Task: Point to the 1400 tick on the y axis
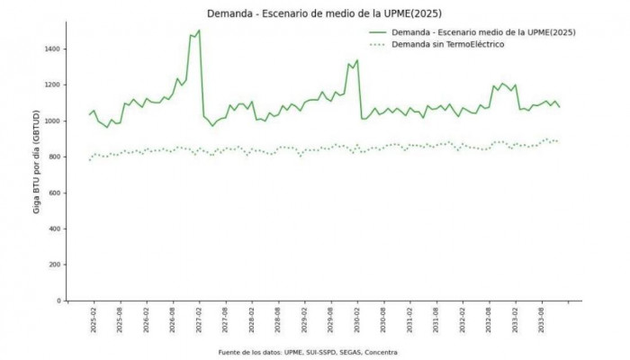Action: (x=54, y=49)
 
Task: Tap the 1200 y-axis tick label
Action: (x=54, y=85)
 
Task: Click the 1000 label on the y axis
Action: (x=54, y=121)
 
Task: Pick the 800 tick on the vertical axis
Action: (x=56, y=157)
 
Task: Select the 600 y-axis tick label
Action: (x=56, y=193)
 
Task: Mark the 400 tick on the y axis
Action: (x=56, y=229)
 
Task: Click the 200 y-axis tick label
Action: (x=56, y=265)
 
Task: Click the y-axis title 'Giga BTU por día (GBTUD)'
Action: (x=36, y=175)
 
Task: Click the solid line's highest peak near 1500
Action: (x=198, y=31)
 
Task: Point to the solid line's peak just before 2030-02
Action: (x=357, y=60)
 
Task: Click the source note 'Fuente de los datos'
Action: (x=308, y=352)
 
